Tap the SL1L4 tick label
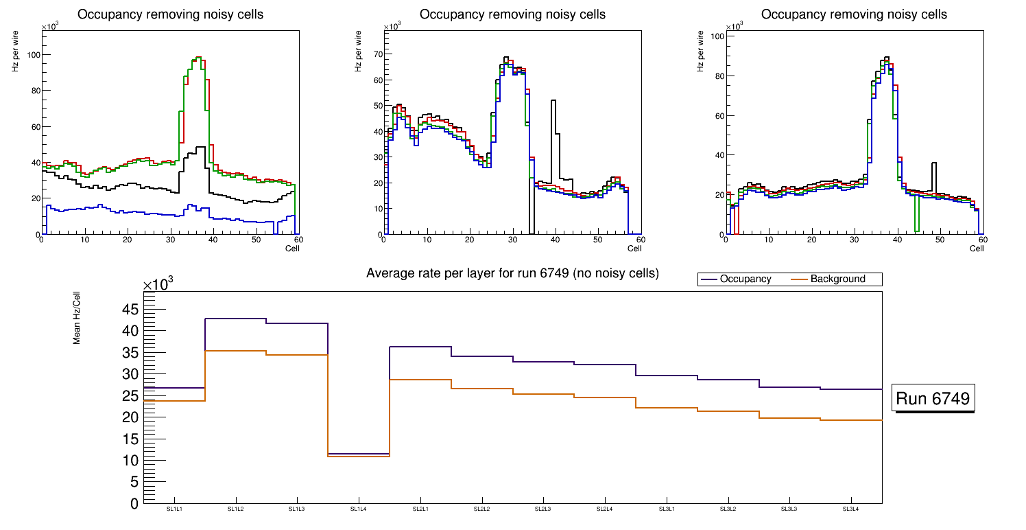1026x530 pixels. [359, 509]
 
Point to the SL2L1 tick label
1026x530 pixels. [420, 509]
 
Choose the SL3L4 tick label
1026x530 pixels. [851, 509]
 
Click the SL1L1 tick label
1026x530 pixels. [174, 509]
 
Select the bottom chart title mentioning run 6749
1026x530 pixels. [512, 273]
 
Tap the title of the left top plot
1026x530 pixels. [170, 14]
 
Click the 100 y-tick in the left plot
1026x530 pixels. [31, 55]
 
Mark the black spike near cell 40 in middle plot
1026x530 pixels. [553, 101]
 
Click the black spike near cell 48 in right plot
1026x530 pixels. [933, 163]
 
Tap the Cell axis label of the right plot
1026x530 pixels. [977, 248]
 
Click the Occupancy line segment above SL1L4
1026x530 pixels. [359, 454]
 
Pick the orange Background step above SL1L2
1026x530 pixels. [236, 351]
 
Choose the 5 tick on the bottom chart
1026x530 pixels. [134, 482]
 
